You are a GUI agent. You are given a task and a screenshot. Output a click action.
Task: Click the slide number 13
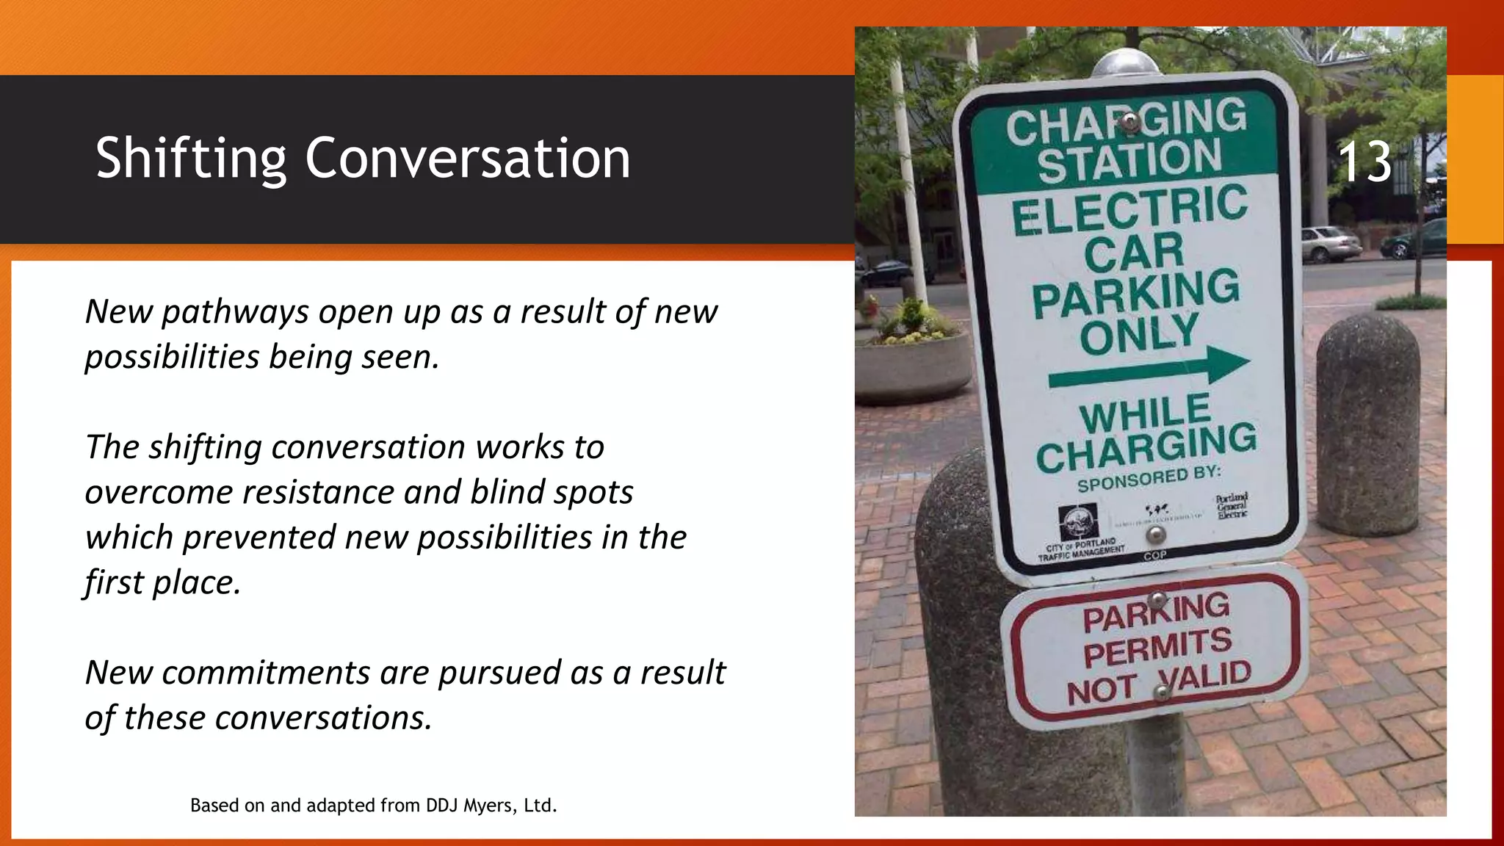1364,162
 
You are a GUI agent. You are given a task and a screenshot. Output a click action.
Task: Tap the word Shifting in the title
190,159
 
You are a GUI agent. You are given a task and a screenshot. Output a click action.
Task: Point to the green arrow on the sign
1149,368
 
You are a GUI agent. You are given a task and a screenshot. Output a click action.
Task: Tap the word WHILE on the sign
1145,414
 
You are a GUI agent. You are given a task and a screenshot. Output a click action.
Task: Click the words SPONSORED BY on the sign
1149,479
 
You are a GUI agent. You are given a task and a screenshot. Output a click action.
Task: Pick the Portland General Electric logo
1232,506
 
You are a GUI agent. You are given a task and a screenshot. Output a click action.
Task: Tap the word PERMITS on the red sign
1157,647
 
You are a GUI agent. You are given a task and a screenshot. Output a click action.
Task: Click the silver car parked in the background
1331,244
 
